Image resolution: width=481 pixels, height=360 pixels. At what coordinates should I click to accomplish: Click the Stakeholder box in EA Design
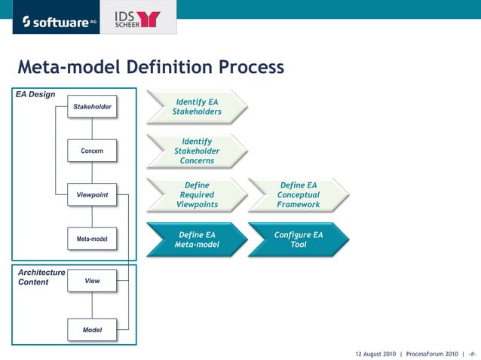(92, 107)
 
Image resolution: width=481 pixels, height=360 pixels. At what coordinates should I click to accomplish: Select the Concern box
(92, 151)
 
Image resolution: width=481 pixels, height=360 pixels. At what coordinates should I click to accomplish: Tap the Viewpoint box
(92, 195)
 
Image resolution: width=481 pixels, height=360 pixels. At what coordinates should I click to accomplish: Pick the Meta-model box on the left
(92, 239)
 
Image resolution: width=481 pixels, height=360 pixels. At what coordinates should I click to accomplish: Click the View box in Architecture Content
(92, 281)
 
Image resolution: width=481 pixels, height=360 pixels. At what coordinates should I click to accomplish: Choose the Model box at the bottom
(92, 330)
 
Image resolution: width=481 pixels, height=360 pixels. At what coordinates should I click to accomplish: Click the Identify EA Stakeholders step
(197, 107)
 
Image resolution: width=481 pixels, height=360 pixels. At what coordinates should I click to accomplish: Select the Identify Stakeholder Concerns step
(197, 151)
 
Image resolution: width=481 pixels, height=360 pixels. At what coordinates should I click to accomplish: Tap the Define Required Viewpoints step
(197, 195)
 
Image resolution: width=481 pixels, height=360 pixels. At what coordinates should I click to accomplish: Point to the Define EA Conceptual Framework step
(299, 195)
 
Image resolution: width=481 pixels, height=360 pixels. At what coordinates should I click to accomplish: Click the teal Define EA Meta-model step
(197, 239)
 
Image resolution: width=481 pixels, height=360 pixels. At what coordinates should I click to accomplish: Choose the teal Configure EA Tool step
(299, 239)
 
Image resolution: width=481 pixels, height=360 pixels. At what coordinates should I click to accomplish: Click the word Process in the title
(252, 69)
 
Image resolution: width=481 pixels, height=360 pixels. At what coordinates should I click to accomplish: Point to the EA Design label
(35, 94)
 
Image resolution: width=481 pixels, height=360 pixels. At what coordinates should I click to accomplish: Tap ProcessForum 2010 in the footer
(431, 353)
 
